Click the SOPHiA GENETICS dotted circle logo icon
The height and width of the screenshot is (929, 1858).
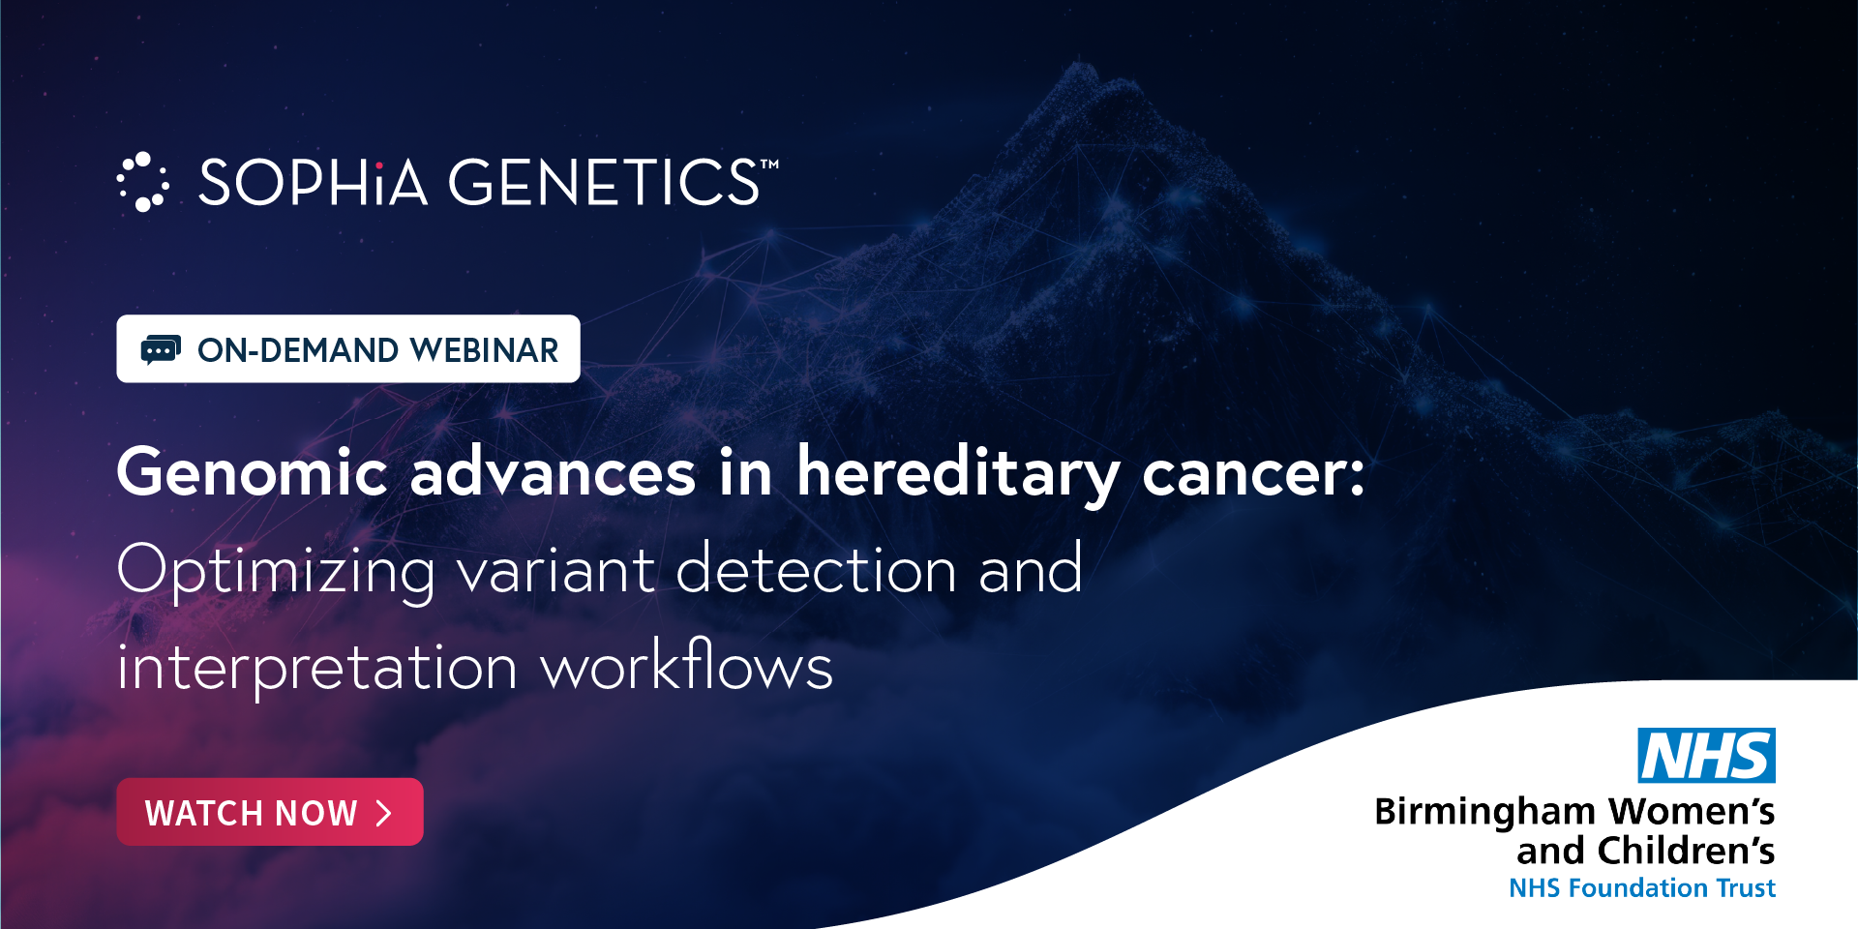143,182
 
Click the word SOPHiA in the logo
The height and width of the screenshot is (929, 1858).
313,182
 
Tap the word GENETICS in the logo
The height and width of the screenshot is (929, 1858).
605,182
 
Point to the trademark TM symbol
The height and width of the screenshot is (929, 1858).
770,165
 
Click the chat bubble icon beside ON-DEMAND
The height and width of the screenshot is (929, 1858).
161,349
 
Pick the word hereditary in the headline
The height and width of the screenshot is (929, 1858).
958,474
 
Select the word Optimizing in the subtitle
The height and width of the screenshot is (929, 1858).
276,571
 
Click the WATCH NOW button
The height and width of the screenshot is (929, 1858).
270,812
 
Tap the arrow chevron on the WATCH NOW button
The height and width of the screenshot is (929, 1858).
384,813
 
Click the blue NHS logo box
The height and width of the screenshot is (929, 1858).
1706,755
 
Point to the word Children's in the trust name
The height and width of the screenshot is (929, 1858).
1687,851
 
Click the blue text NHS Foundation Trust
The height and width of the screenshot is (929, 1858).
1642,887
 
